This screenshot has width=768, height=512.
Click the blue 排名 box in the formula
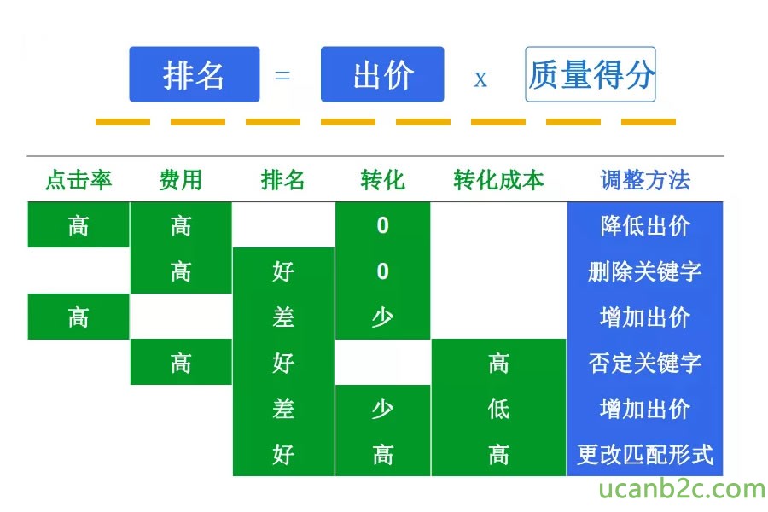coord(195,74)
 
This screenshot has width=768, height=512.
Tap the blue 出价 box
coord(382,74)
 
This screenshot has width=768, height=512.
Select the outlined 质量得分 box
coord(591,74)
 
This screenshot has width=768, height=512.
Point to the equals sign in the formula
coord(282,75)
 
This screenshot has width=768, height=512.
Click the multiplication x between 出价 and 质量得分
coord(480,79)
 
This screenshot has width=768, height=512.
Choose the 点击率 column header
coord(79,180)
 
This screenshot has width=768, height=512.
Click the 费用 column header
coord(181,180)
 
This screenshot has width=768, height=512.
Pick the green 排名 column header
coord(282,180)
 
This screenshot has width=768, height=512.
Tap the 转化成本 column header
coord(498,180)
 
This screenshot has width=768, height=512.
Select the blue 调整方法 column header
coord(645,180)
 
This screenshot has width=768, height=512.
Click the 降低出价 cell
coord(645,226)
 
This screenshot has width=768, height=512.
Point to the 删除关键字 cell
coord(645,271)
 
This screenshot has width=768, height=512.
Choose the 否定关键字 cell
coord(645,363)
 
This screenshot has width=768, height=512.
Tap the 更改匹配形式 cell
coord(645,455)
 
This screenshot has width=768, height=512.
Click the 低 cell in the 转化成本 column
coord(498,409)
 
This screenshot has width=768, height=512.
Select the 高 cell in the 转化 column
coord(382,455)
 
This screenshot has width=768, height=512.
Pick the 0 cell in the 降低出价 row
coord(382,225)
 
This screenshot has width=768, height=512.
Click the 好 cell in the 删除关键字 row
coord(283,271)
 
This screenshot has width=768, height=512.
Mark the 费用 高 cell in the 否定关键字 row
coord(181,363)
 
